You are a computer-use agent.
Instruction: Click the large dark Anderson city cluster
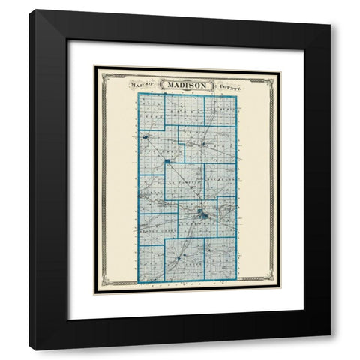tap(202, 217)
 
